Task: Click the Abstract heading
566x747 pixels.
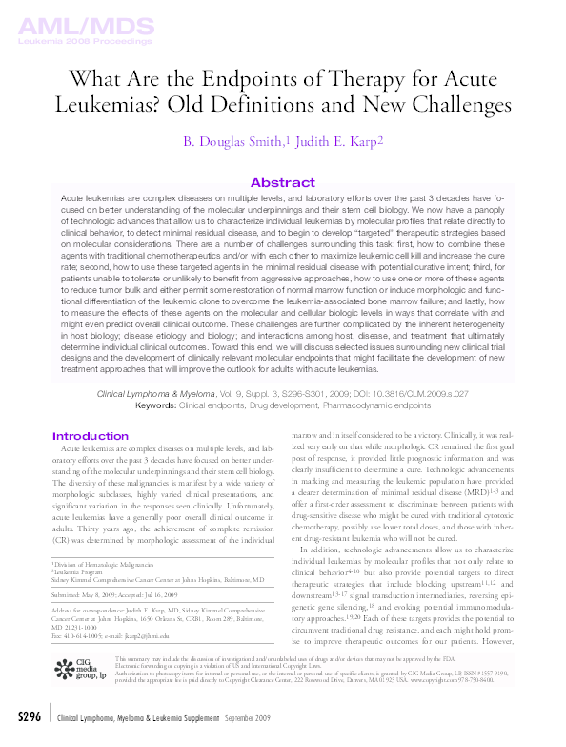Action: pyautogui.click(x=282, y=182)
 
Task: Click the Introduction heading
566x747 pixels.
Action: pyautogui.click(x=91, y=437)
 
